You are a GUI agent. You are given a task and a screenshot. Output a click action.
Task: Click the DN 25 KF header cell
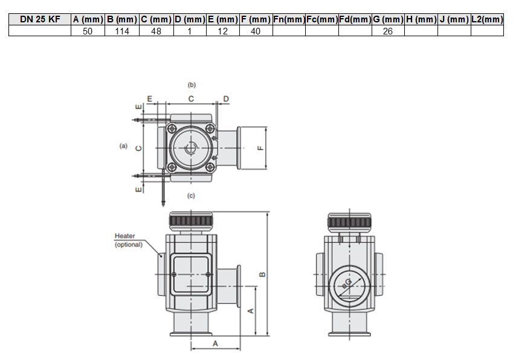tap(40, 19)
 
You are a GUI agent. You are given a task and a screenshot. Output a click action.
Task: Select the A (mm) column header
tap(88, 19)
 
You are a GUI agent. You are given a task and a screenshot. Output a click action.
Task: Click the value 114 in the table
tap(122, 31)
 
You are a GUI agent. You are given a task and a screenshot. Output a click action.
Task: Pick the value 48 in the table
tap(156, 31)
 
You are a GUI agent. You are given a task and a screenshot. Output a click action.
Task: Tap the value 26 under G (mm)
tap(388, 31)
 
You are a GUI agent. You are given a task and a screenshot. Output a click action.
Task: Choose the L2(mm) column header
tap(487, 19)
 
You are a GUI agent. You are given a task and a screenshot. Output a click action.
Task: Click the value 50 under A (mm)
tap(88, 31)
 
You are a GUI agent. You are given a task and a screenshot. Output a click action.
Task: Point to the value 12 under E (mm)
tap(222, 31)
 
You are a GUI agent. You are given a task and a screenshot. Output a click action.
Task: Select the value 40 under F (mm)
tap(256, 31)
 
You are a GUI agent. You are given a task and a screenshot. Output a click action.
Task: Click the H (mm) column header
tap(421, 19)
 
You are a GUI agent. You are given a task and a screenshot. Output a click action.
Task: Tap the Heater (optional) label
tap(128, 240)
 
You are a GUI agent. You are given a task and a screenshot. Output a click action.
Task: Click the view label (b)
tap(192, 85)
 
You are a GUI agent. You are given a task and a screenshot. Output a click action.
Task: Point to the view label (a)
tap(123, 146)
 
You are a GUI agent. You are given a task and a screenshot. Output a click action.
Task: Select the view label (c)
tap(191, 195)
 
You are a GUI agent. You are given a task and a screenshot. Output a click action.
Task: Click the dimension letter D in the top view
tap(226, 98)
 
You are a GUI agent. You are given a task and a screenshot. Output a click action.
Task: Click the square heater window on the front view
tap(191, 274)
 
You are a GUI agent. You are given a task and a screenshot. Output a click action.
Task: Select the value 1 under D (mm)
tap(189, 31)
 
